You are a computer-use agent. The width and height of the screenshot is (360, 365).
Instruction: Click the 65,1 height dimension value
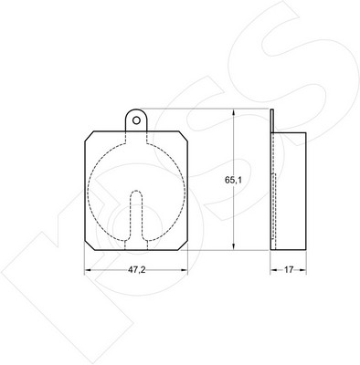[x=233, y=180]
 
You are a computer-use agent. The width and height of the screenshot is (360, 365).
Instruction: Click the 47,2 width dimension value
[x=137, y=270]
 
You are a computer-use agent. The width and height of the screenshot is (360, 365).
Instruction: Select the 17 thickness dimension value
[x=288, y=270]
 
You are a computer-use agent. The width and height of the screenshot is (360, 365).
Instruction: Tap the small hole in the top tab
[x=137, y=120]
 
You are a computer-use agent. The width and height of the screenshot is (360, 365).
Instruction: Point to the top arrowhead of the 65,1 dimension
[x=233, y=112]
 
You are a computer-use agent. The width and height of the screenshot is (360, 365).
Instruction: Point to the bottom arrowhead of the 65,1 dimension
[x=233, y=246]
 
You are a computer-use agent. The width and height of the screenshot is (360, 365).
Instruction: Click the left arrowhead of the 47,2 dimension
[x=88, y=270]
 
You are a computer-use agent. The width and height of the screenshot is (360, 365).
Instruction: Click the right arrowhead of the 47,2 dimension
[x=185, y=270]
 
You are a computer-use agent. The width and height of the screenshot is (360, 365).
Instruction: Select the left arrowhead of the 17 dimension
[x=274, y=270]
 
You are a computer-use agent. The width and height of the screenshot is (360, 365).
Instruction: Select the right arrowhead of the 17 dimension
[x=302, y=270]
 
